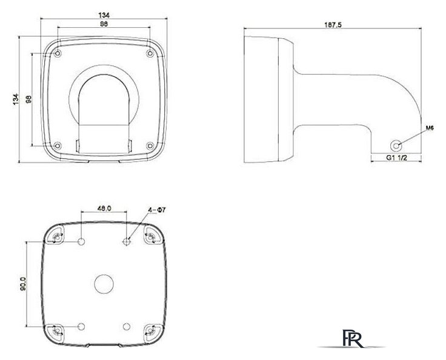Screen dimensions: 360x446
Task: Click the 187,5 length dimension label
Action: pyautogui.click(x=332, y=25)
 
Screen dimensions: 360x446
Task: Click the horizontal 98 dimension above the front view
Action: pyautogui.click(x=104, y=24)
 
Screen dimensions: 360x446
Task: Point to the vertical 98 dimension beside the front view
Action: pyautogui.click(x=27, y=99)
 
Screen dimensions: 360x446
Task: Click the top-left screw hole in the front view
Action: pyautogui.click(x=57, y=54)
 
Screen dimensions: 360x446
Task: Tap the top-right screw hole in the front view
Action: pyautogui.click(x=150, y=54)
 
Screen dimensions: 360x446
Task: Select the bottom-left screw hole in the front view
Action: pyautogui.click(x=57, y=145)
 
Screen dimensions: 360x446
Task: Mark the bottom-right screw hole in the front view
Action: pyautogui.click(x=150, y=145)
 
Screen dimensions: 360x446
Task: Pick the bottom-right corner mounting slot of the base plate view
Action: pyautogui.click(x=150, y=330)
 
